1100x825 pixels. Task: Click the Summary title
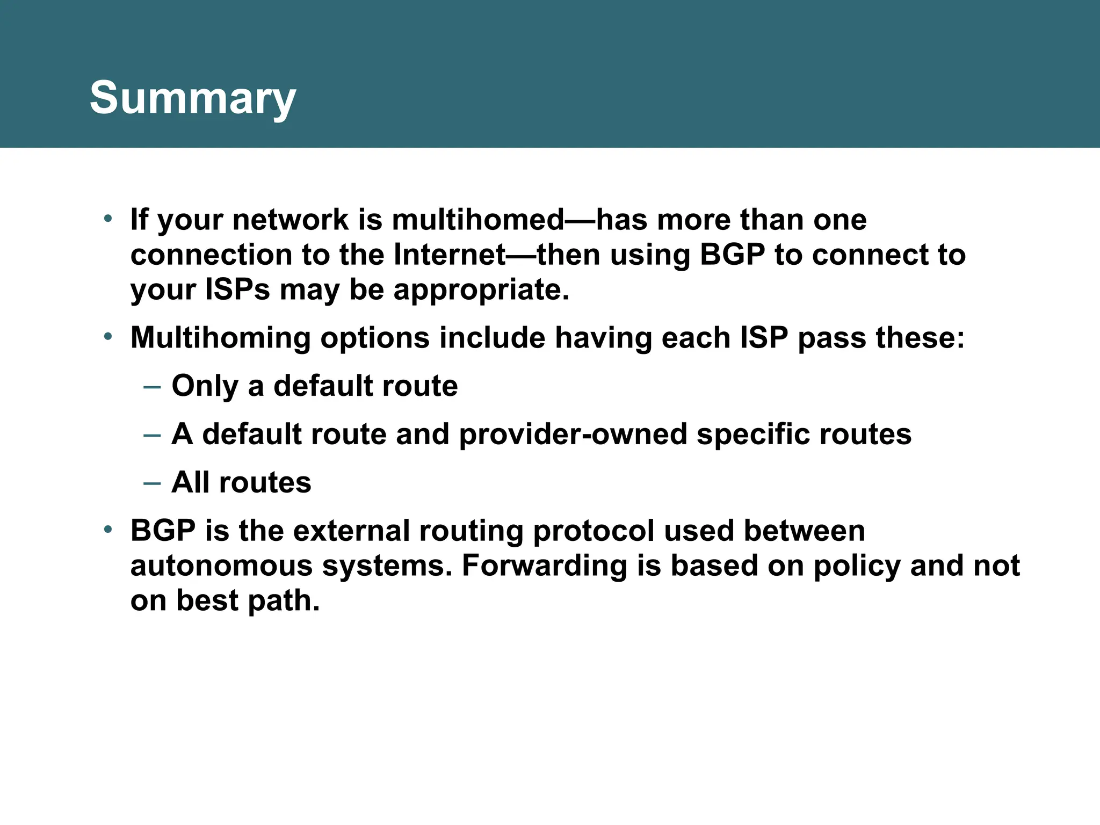click(192, 98)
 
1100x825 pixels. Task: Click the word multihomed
click(477, 220)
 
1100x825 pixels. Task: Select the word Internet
click(450, 255)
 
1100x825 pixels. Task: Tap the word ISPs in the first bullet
click(237, 290)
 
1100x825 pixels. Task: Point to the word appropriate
click(481, 291)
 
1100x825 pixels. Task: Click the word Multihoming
click(220, 338)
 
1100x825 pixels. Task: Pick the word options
click(375, 338)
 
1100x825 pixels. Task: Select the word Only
click(205, 386)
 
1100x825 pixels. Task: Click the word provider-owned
click(573, 434)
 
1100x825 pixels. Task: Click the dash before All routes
click(152, 483)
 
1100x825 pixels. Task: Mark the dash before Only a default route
click(152, 387)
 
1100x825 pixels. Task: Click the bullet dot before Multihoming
click(108, 337)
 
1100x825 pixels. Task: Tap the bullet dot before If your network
click(108, 219)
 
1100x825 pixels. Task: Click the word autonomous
click(221, 566)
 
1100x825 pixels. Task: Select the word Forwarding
click(544, 566)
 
